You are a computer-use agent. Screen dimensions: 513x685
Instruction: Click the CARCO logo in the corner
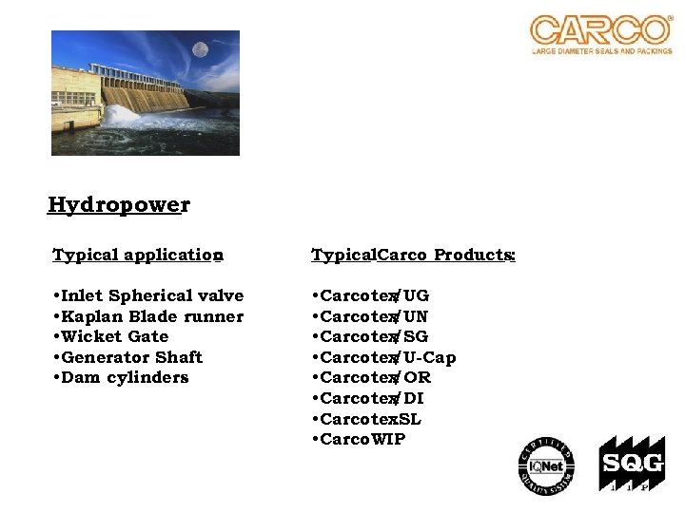pos(600,34)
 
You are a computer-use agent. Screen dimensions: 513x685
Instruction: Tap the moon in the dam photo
pos(200,48)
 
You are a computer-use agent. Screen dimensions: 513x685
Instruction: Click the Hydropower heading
pos(119,205)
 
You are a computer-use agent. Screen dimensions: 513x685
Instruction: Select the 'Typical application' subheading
pos(138,255)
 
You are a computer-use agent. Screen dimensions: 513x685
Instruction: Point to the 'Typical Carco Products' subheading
pos(414,255)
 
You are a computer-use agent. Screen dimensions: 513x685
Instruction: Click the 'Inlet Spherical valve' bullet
pos(149,295)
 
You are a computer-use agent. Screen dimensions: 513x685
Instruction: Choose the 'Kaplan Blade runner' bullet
pos(149,316)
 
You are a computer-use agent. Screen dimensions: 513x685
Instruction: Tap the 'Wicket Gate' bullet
pos(112,336)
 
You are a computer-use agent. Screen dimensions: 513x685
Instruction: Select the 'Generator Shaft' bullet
pos(128,357)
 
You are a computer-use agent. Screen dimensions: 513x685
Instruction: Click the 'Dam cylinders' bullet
pos(122,377)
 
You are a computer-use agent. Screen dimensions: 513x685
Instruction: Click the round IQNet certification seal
pos(546,465)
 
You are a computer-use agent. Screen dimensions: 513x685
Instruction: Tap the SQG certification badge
pos(625,465)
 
